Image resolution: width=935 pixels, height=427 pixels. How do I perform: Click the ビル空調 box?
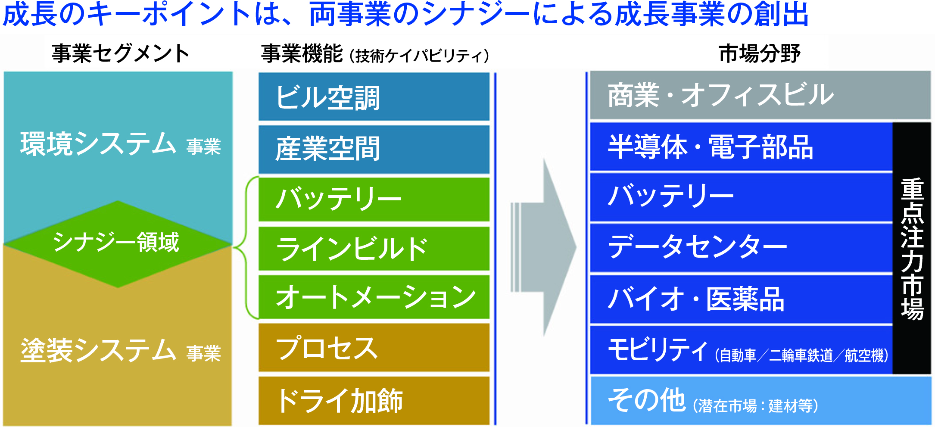374,97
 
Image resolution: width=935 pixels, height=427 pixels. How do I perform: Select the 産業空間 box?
374,149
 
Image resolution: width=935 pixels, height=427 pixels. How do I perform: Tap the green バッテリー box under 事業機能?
374,199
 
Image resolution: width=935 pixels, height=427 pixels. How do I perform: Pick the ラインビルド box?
374,249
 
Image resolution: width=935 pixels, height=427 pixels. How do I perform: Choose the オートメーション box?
374,297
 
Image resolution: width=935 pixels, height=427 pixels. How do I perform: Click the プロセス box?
374,348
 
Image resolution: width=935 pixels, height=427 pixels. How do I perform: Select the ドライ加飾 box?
374,400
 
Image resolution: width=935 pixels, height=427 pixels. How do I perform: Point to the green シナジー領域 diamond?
117,243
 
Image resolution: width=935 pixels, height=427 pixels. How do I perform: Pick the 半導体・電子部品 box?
741,147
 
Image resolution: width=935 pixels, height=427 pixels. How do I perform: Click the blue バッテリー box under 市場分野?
741,197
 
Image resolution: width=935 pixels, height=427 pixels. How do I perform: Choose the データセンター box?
741,247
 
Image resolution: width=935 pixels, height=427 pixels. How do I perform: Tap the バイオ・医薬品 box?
741,299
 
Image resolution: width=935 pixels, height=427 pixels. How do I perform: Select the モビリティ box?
741,350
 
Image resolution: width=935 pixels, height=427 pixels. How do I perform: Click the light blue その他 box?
760,400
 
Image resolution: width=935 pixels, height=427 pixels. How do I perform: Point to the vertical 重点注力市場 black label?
912,248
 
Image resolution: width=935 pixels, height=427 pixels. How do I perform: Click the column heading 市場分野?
759,54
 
